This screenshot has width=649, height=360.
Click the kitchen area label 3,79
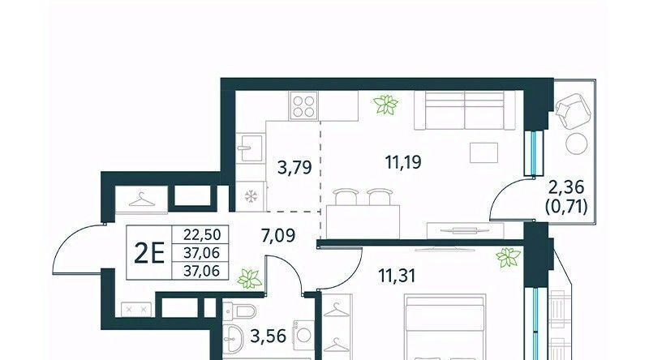294,168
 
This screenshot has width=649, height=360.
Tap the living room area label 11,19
403,162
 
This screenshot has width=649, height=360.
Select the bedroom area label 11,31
397,275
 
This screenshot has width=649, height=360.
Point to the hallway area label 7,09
278,235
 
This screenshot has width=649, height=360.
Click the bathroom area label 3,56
269,336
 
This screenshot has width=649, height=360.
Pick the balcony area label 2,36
566,187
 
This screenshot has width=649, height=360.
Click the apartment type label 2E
149,253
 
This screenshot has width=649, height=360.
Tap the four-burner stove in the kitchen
303,106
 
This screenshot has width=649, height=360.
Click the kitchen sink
251,148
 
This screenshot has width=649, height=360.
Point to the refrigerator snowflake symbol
251,196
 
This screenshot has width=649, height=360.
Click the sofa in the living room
464,110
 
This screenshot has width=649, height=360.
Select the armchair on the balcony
574,110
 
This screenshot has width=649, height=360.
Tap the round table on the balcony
577,144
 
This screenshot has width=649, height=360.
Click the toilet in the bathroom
239,310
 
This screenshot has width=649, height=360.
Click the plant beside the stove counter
385,105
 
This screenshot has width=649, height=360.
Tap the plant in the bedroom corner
509,257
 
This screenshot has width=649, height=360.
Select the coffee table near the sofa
484,152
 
